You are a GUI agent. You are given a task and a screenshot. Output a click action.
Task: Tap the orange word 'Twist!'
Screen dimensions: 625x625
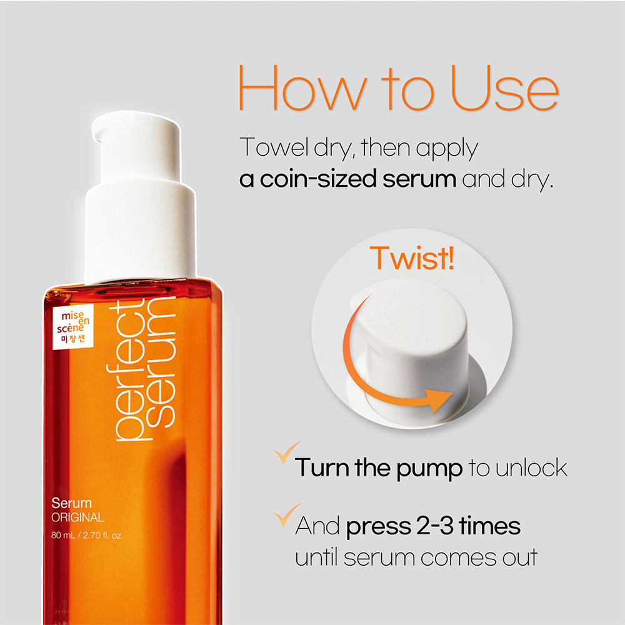(412, 257)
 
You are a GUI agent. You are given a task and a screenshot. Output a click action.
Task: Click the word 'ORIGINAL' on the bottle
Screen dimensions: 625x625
(78, 517)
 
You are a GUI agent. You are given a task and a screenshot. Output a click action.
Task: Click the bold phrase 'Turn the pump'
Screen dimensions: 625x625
(378, 467)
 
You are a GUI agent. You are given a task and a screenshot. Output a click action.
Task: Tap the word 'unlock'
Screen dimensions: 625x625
(531, 467)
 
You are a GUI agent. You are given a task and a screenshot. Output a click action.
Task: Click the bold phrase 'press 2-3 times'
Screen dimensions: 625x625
(432, 526)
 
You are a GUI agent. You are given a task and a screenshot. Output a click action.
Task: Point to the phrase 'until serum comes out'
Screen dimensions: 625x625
(416, 556)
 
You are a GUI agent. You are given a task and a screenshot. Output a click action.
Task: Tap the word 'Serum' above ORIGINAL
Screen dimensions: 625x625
(72, 502)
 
